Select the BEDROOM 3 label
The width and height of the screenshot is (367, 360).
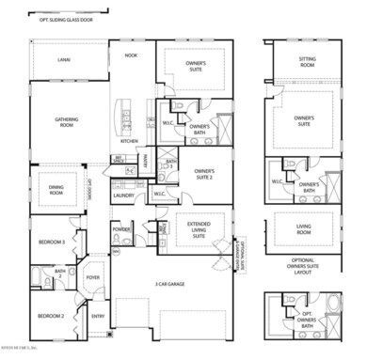pyautogui.click(x=52, y=242)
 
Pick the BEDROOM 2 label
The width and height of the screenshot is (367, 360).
pyautogui.click(x=51, y=317)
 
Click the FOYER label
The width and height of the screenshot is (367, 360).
pyautogui.click(x=93, y=277)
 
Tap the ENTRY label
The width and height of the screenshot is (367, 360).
pyautogui.click(x=98, y=317)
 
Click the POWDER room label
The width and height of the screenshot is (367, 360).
pyautogui.click(x=121, y=228)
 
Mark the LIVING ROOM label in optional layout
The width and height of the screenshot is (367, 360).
pyautogui.click(x=306, y=228)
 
